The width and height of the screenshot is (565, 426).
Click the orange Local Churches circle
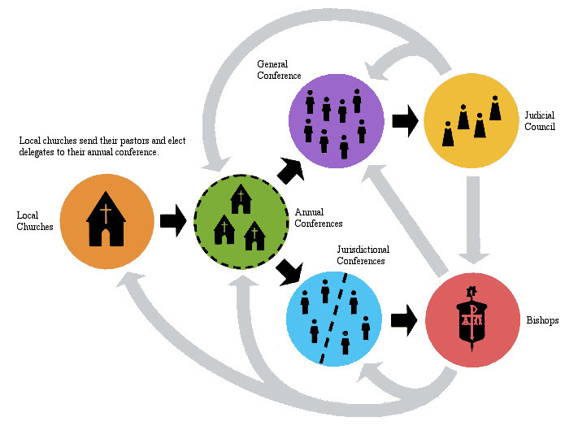(x=106, y=220)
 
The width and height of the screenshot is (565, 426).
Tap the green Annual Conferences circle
(x=240, y=220)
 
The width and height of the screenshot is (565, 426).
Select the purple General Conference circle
(x=336, y=120)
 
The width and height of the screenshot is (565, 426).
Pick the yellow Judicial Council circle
(x=472, y=120)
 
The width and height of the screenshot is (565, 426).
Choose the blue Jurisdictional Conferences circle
(x=334, y=318)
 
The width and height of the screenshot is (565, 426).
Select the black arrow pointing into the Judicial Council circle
(x=403, y=122)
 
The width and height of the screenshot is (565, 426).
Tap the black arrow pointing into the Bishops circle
(x=403, y=320)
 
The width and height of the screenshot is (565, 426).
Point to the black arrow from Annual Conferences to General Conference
(x=289, y=170)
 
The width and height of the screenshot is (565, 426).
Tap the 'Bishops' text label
(x=541, y=320)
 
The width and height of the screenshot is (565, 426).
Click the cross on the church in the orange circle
(x=106, y=213)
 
